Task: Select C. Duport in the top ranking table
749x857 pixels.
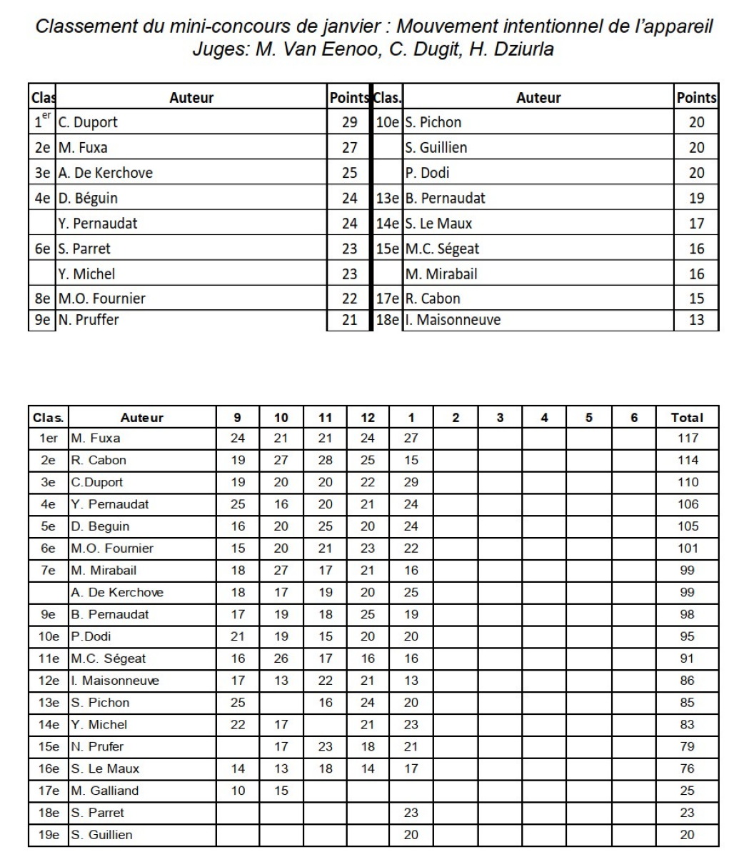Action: pos(88,122)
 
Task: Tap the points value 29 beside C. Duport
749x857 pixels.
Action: pos(349,122)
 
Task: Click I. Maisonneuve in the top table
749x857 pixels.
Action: pos(453,320)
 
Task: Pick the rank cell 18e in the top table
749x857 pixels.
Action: pos(388,320)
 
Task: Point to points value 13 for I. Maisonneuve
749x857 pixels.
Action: pos(696,320)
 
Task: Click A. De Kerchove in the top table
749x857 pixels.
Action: pos(105,173)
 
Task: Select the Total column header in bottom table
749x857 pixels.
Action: pos(687,418)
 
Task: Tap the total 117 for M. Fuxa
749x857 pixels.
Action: pos(687,438)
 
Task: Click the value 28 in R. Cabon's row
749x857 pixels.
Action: pos(325,461)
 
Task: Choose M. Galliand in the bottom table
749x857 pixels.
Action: pos(105,791)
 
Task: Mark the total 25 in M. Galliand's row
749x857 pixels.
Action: pos(687,791)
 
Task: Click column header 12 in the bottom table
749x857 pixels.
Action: pos(367,418)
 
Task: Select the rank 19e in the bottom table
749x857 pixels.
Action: pos(49,835)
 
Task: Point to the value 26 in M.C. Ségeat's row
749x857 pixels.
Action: pos(281,658)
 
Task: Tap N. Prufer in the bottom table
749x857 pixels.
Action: pos(97,746)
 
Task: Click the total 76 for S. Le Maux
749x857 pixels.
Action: pos(687,768)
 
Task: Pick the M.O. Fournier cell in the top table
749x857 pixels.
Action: pos(101,299)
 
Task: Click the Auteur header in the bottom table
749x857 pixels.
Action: pos(141,418)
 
